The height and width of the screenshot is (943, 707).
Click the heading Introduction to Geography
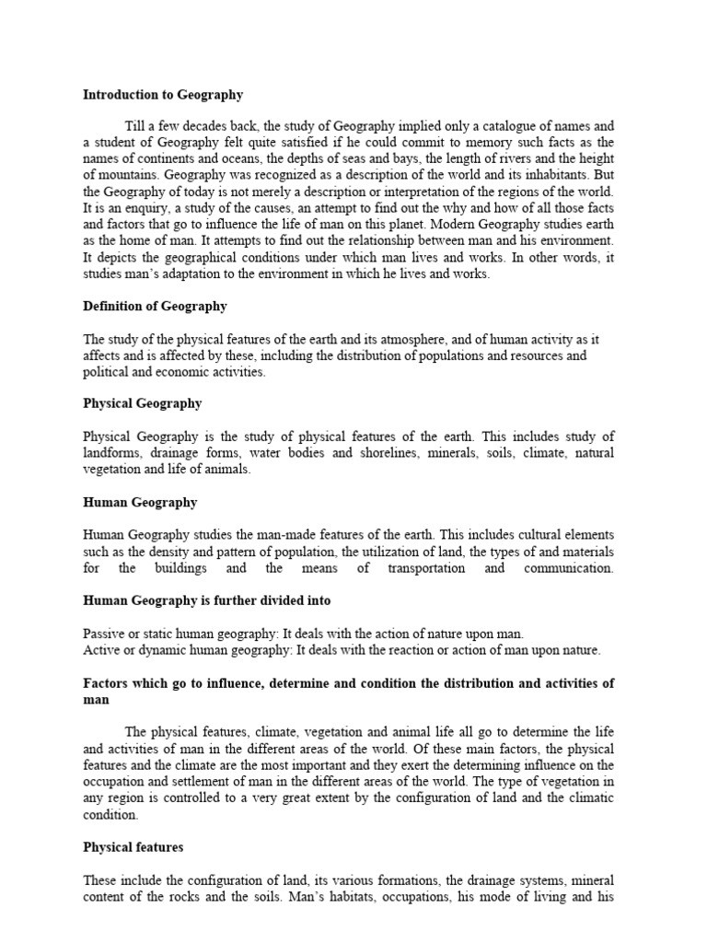(x=163, y=94)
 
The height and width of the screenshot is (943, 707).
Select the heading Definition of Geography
(x=155, y=306)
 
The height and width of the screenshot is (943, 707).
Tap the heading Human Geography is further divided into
(x=207, y=600)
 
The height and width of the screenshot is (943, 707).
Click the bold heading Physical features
(x=133, y=846)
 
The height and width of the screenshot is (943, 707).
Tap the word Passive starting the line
(x=104, y=634)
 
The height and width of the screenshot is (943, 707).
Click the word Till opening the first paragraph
(x=136, y=125)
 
